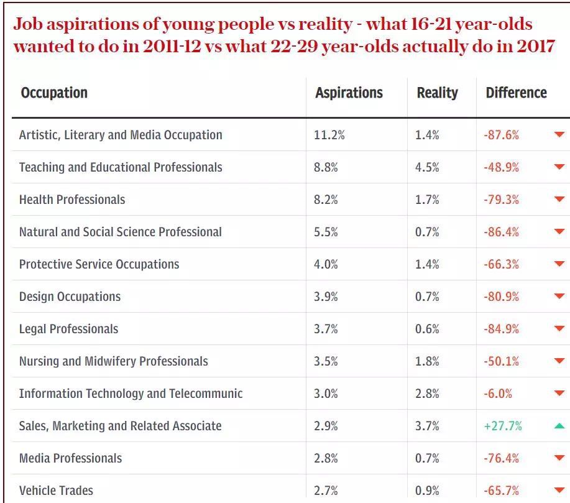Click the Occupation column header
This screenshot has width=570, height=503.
click(54, 93)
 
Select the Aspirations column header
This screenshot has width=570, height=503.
click(349, 93)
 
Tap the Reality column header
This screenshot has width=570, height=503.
click(437, 93)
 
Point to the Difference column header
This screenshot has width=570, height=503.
click(516, 93)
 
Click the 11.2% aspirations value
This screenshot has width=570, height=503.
click(329, 135)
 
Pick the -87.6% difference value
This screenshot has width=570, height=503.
click(501, 135)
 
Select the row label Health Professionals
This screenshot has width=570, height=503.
click(72, 200)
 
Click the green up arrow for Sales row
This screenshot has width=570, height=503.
click(559, 426)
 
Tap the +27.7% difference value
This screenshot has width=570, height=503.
click(503, 426)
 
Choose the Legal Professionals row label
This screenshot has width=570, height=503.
click(68, 329)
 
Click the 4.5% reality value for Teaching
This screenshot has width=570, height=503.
click(428, 167)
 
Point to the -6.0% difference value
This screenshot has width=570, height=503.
click(498, 394)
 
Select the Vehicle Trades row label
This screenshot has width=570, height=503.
click(56, 491)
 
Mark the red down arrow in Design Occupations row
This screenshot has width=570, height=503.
click(559, 297)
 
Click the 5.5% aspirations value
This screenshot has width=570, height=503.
click(326, 232)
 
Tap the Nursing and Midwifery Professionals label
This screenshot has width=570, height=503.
click(114, 361)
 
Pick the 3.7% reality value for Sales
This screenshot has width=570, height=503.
click(428, 426)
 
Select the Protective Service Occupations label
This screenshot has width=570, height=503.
click(99, 264)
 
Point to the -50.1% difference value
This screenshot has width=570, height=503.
click(501, 361)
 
